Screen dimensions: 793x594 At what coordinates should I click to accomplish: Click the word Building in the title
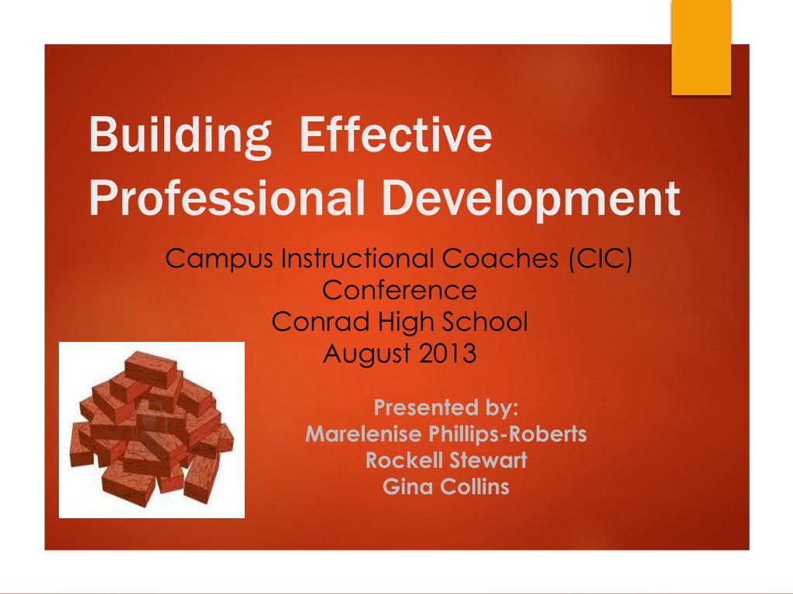180,135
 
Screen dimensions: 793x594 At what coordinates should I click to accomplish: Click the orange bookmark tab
701,47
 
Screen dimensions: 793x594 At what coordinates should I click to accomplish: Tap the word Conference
400,291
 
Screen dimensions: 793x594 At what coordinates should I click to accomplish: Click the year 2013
448,353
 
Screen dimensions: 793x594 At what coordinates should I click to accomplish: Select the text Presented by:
446,408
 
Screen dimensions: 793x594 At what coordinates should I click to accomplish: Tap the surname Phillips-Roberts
508,435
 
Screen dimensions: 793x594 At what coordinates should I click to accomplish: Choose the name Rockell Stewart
446,460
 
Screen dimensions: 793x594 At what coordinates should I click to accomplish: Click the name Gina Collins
446,486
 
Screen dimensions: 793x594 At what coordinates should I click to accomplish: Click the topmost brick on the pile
151,370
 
